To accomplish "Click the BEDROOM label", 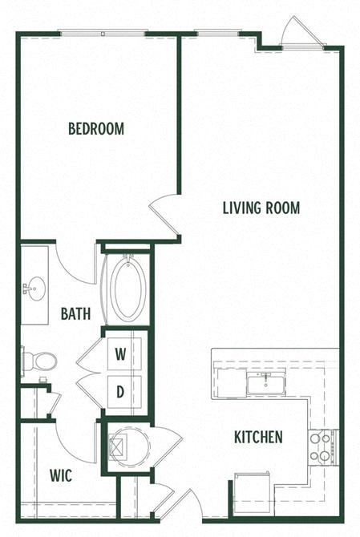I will coord(96,128).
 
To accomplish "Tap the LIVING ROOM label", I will coord(261,208).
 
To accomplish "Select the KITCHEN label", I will coord(258,437).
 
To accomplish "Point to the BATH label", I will coord(75,313).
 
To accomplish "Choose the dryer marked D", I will coord(120,392).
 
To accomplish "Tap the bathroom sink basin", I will coord(34,286).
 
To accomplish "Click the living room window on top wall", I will coord(219,34).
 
